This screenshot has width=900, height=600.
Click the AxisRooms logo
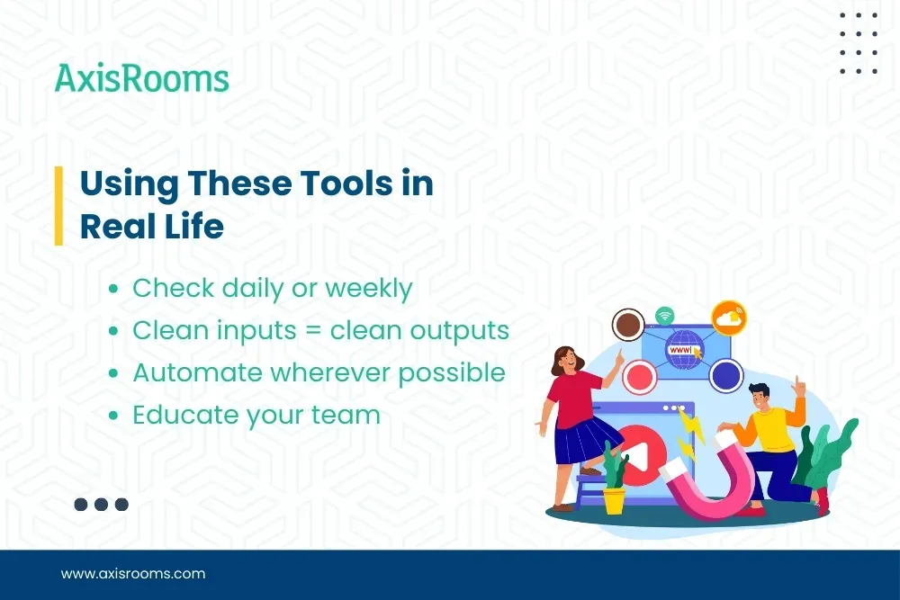141,78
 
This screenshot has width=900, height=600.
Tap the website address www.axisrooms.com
132,573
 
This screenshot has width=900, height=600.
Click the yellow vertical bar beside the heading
58,205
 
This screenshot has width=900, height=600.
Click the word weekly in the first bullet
368,289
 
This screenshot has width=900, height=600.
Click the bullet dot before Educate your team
112,416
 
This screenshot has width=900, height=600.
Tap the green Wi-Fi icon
665,316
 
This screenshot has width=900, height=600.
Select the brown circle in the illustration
626,324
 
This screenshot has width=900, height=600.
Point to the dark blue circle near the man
724,375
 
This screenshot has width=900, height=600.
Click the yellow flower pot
615,499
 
